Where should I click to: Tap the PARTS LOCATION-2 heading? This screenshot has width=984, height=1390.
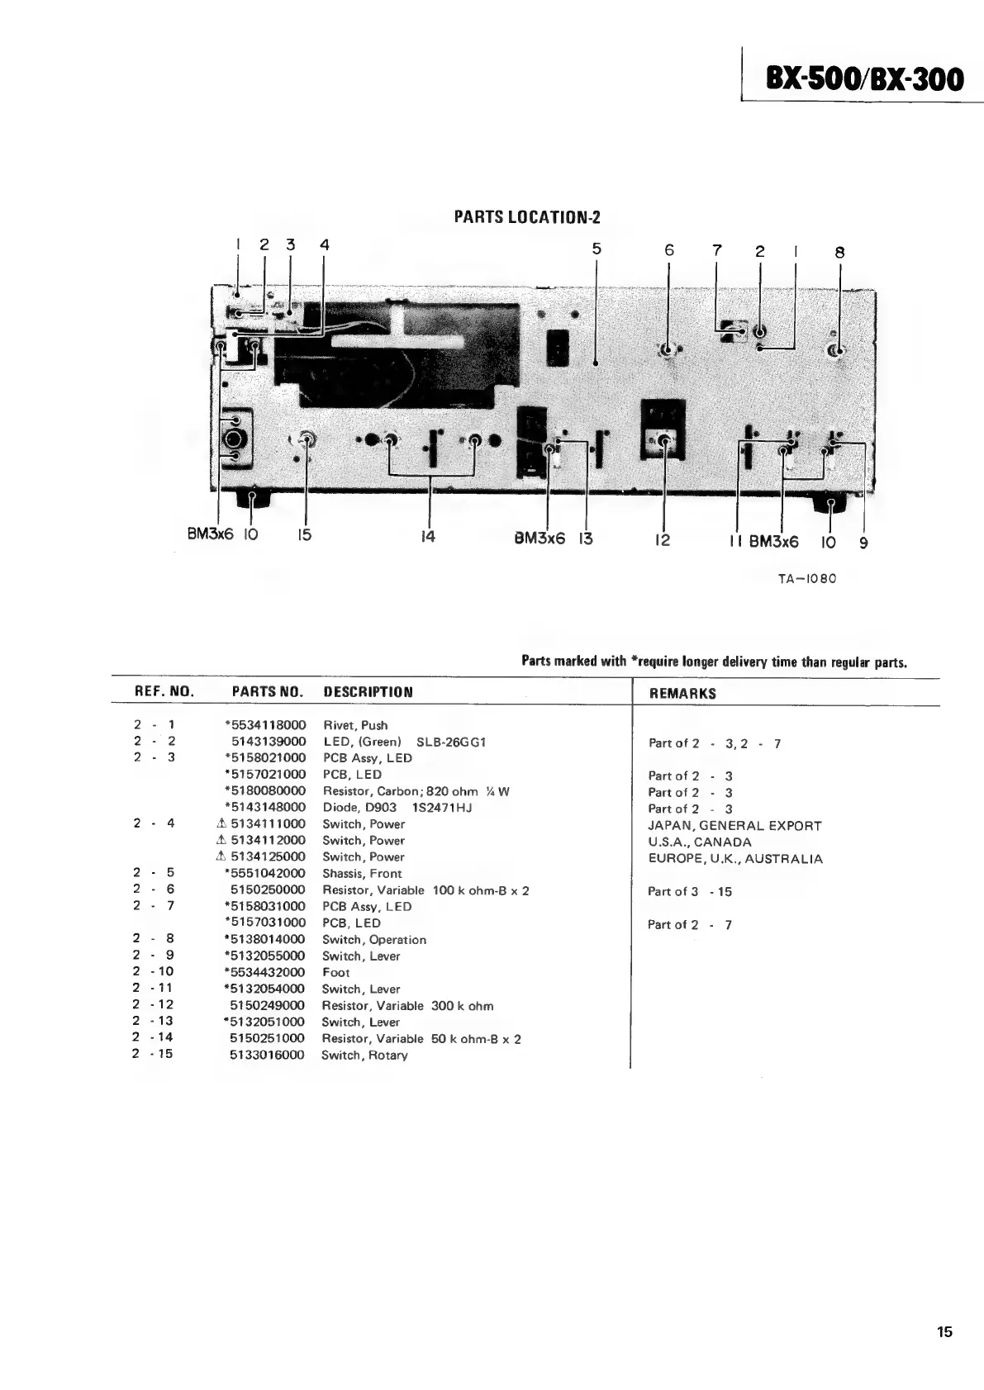(x=527, y=217)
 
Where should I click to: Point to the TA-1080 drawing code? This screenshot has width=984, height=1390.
(x=807, y=578)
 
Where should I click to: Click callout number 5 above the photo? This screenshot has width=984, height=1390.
(x=597, y=249)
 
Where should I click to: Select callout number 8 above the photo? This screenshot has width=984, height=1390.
(x=839, y=253)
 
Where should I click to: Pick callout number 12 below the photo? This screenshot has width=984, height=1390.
(x=663, y=540)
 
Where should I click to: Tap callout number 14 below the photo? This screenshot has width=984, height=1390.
(x=428, y=537)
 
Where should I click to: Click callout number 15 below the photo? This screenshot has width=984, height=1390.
(x=304, y=535)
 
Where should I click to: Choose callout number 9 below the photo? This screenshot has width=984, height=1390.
(x=863, y=543)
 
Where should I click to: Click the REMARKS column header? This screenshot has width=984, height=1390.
(x=682, y=694)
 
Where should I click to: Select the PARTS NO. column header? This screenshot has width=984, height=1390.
(x=267, y=691)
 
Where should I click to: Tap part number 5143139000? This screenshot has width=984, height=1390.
(x=268, y=742)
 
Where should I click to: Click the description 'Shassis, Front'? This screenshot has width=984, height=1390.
(x=362, y=874)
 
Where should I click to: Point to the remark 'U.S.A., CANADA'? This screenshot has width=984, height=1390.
(x=700, y=842)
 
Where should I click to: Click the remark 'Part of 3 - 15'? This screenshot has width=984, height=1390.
(x=690, y=892)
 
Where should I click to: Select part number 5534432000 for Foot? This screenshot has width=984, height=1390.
(x=266, y=973)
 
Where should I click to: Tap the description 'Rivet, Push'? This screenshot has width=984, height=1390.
(x=354, y=725)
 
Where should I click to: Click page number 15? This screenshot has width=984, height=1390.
(x=944, y=1331)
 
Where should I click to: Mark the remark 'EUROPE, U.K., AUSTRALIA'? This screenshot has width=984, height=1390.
(x=735, y=859)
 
